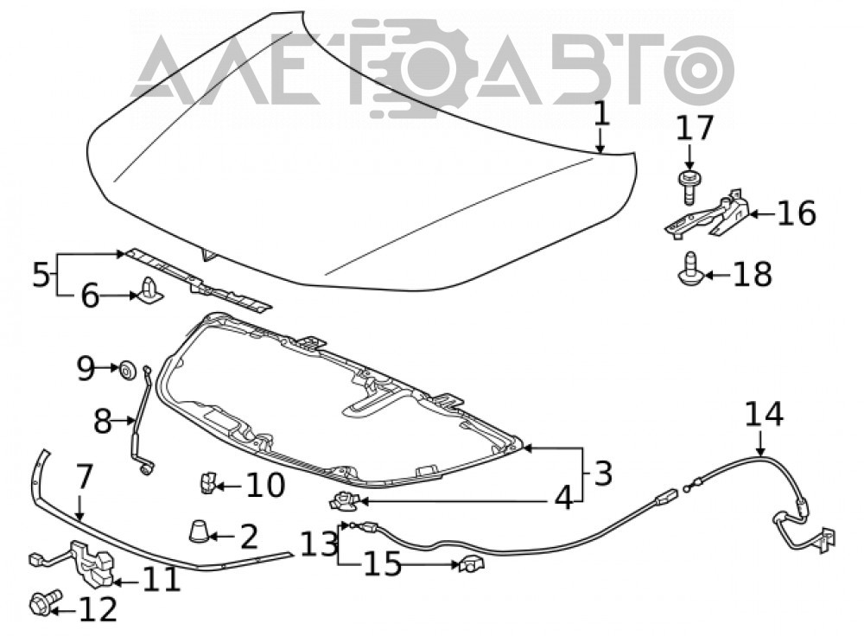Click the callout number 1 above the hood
click(x=601, y=115)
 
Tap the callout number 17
click(x=695, y=129)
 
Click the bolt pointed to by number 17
click(x=687, y=188)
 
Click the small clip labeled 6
click(x=150, y=291)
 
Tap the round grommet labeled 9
click(x=128, y=371)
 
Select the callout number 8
click(x=103, y=422)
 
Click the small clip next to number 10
click(x=207, y=483)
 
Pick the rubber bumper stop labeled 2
click(x=199, y=531)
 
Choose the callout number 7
click(x=82, y=477)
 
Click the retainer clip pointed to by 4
click(x=345, y=501)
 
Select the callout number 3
click(x=603, y=473)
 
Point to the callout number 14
click(x=764, y=414)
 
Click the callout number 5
click(x=41, y=274)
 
